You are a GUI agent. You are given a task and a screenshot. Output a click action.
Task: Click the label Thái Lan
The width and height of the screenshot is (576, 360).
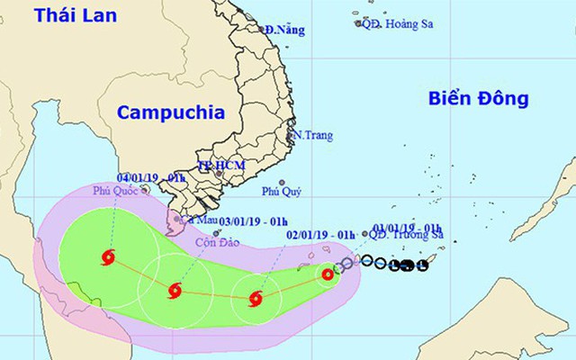[x=40, y=15]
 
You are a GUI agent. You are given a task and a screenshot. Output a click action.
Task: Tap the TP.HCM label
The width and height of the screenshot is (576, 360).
[x=221, y=166]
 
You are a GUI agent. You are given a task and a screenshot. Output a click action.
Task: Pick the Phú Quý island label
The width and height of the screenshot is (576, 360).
[x=281, y=191]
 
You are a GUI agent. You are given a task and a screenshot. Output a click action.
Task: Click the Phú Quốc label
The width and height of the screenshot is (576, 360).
[x=115, y=191]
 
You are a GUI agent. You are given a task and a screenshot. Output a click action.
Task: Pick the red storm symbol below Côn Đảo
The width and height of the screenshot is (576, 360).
[x=175, y=290]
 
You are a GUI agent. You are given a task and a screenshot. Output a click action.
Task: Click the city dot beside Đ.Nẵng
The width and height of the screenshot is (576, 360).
[x=262, y=30]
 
